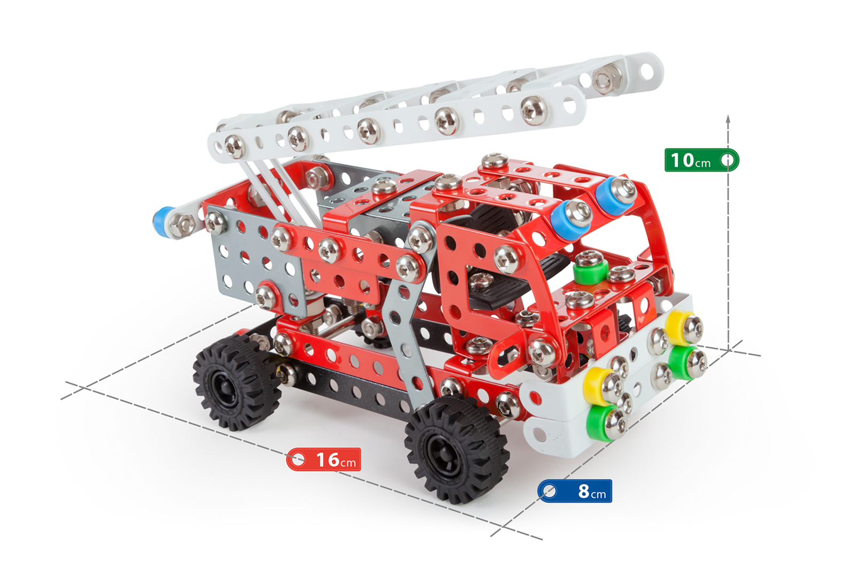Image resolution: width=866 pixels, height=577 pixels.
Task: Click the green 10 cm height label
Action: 701,160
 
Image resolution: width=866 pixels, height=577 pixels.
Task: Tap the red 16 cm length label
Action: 323,459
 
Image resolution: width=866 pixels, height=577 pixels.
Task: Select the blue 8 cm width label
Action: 575,491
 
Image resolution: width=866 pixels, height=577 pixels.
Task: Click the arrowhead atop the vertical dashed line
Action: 728,119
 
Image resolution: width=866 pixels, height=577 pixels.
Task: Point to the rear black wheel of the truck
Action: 237,382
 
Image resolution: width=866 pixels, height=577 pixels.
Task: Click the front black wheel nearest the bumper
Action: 456,449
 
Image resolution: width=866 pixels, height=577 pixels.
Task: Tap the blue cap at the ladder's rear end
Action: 161,222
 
